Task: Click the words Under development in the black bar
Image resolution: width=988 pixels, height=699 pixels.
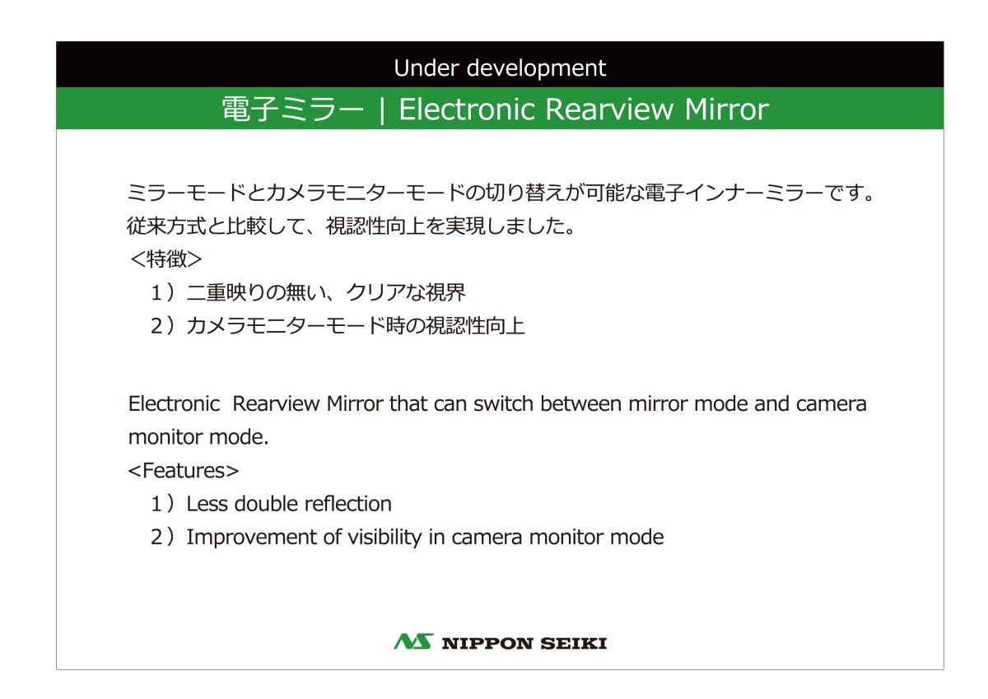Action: pyautogui.click(x=500, y=68)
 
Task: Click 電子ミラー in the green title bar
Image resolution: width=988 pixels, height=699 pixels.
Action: pyautogui.click(x=293, y=109)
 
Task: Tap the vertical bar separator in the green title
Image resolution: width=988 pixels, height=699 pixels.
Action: pyautogui.click(x=382, y=110)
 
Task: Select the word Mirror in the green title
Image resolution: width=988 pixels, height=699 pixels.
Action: pyautogui.click(x=726, y=109)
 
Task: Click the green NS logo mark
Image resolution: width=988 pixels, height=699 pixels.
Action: pyautogui.click(x=413, y=641)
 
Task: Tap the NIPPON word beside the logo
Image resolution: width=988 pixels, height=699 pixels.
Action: pyautogui.click(x=487, y=644)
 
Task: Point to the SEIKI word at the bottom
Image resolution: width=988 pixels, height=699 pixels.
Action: pyautogui.click(x=574, y=644)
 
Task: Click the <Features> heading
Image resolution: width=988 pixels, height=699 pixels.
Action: pyautogui.click(x=184, y=471)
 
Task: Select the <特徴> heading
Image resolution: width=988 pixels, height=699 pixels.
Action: pyautogui.click(x=166, y=259)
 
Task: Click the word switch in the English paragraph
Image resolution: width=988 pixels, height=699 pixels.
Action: pyautogui.click(x=503, y=403)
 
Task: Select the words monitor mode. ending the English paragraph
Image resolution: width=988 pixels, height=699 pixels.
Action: pyautogui.click(x=198, y=437)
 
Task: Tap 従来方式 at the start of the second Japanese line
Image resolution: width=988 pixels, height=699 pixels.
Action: pyautogui.click(x=166, y=226)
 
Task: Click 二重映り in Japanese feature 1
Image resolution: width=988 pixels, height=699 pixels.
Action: pyautogui.click(x=226, y=292)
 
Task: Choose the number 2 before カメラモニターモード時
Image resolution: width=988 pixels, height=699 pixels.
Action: pyautogui.click(x=156, y=326)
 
